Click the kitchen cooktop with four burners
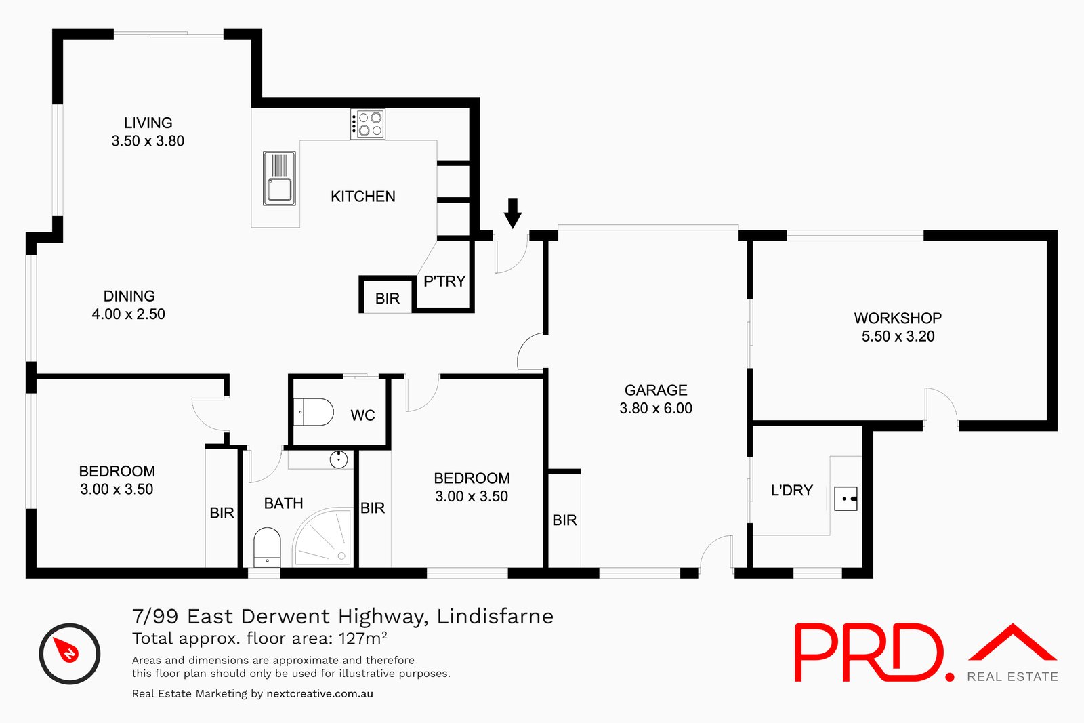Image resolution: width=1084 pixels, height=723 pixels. [x=368, y=124]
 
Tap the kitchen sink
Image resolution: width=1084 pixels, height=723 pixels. [x=279, y=179]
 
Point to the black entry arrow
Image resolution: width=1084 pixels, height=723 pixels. [x=513, y=213]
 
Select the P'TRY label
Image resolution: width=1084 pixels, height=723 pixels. [x=444, y=281]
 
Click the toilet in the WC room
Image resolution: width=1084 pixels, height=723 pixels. [x=315, y=412]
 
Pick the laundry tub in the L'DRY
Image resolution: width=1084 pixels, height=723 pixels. [x=846, y=499]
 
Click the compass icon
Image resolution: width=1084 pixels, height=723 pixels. [x=69, y=653]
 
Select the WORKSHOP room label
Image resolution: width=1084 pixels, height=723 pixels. [x=898, y=318]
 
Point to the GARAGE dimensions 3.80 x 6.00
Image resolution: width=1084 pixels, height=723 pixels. [x=656, y=409]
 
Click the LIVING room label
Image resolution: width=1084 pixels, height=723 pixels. [x=148, y=123]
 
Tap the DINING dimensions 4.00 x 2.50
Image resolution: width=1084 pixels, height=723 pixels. [x=129, y=314]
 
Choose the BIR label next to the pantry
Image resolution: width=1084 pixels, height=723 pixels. [x=388, y=299]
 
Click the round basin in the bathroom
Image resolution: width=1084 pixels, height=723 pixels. [x=338, y=459]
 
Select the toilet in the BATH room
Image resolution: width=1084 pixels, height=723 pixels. [x=267, y=546]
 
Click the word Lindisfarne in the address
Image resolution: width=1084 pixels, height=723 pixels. [x=495, y=617]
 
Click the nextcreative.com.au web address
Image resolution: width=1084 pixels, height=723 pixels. [x=320, y=694]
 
